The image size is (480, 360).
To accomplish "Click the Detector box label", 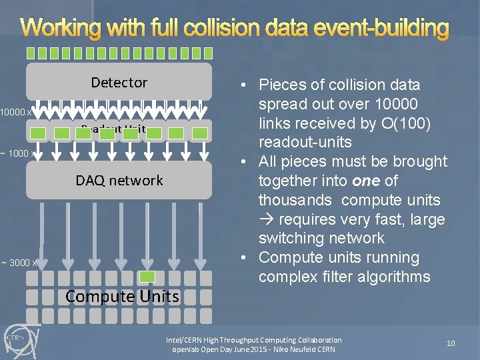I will (x=119, y=83).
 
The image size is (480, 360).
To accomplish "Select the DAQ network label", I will (x=119, y=181).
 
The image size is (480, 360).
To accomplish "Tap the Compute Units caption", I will (x=122, y=296).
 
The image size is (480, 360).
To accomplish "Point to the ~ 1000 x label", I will (x=17, y=153).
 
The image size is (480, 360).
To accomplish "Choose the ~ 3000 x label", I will (x=19, y=263).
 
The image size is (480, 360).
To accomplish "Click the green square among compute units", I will (x=148, y=277).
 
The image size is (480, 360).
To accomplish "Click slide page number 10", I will (x=451, y=343).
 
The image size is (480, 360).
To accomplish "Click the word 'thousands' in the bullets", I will (x=295, y=200).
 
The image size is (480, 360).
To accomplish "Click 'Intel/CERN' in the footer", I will (x=183, y=340).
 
